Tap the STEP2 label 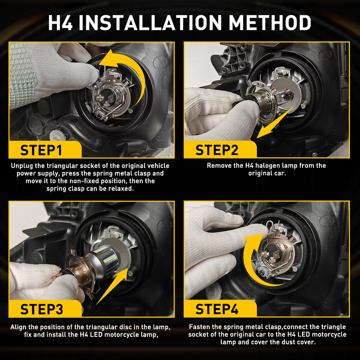[x=217, y=150]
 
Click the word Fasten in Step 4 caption [x=199, y=327]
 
